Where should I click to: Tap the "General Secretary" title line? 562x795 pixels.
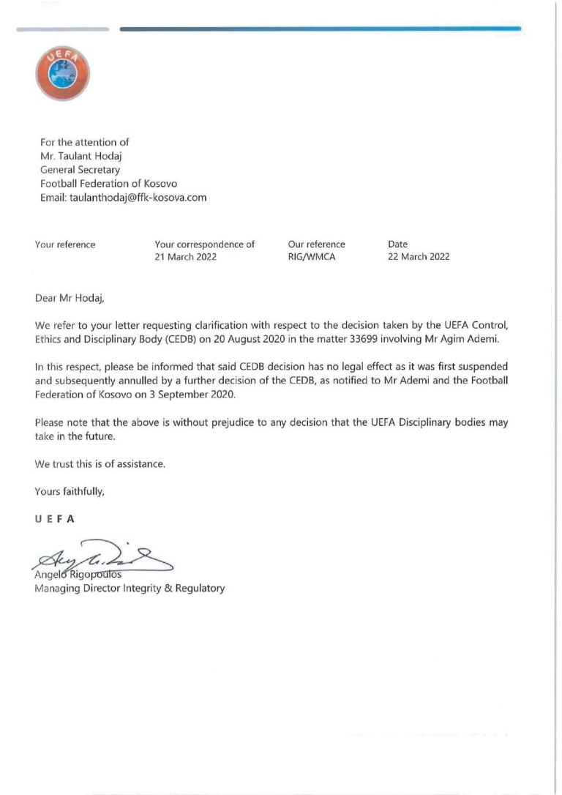pos(80,170)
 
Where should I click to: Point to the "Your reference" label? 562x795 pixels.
pos(65,245)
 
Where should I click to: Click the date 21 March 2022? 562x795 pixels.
pos(185,257)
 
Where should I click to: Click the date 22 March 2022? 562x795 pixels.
pos(419,257)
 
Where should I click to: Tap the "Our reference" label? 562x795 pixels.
pos(316,245)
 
